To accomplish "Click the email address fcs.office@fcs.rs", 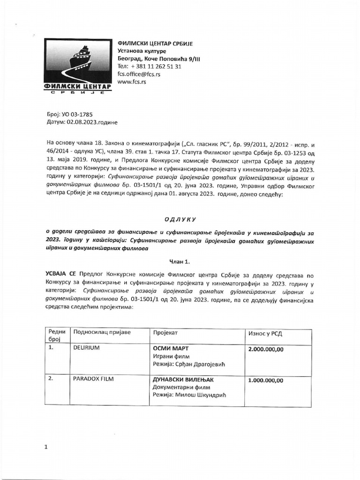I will [140, 74].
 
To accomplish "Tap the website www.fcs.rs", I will [132, 82].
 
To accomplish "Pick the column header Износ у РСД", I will [265, 333].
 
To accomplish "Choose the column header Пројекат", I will [165, 332].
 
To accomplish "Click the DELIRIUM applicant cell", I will [87, 349].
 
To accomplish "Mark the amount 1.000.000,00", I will [265, 380].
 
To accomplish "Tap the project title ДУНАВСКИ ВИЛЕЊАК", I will [183, 379].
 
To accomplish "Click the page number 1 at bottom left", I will [46, 447].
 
